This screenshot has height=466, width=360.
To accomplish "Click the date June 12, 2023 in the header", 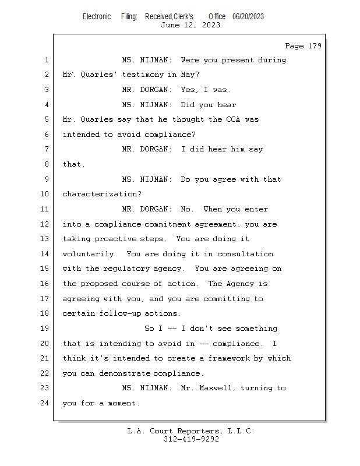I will [190, 25].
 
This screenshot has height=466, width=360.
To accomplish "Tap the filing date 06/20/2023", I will [248, 17].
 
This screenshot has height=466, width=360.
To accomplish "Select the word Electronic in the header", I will [97, 17].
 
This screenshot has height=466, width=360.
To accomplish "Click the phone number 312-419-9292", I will [191, 440].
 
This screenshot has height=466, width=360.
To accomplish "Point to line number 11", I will [46, 209].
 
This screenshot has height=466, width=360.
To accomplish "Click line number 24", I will [46, 403].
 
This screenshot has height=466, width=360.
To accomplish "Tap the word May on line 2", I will [189, 75].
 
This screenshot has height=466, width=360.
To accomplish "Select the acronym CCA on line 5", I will [232, 119].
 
